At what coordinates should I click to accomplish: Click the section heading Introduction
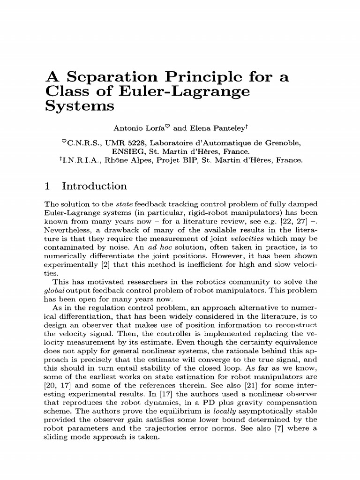tap(94, 187)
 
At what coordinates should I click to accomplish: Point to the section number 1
tap(47, 187)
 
